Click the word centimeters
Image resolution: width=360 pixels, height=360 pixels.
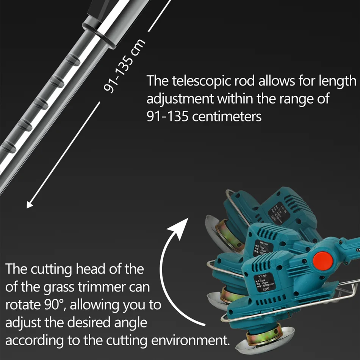[x=227, y=116]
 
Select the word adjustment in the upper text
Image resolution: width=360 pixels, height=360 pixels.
[x=180, y=99]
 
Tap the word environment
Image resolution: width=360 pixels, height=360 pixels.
[x=189, y=340]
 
